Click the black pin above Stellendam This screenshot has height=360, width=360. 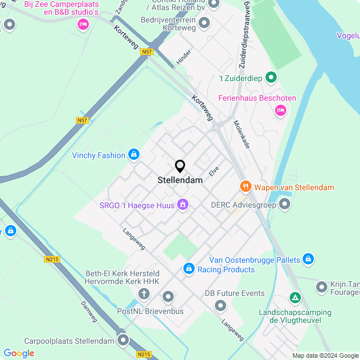tap(180, 166)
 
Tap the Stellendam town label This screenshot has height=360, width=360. tap(180, 181)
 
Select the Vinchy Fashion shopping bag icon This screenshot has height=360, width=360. tap(133, 154)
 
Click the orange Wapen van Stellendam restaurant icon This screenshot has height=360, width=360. tap(245, 186)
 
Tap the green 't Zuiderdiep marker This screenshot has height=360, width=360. tap(271, 77)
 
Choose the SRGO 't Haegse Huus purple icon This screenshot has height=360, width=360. tap(182, 204)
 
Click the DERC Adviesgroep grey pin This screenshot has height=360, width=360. tap(285, 204)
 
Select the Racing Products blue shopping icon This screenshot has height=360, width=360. tap(189, 269)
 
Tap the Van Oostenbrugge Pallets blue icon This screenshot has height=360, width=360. tap(308, 259)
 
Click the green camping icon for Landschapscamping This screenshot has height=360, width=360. tap(295, 297)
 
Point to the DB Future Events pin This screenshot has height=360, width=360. tap(220, 305)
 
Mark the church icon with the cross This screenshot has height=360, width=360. tap(144, 294)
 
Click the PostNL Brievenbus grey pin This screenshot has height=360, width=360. tap(168, 297)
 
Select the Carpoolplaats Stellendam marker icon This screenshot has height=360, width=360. tap(123, 340)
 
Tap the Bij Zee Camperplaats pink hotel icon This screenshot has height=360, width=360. tap(83, 24)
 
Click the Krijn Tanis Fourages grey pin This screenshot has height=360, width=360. tap(321, 287)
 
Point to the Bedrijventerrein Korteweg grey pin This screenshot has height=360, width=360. tap(204, 23)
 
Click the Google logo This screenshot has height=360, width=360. tap(19, 353)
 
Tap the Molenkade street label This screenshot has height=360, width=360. tap(242, 134)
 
